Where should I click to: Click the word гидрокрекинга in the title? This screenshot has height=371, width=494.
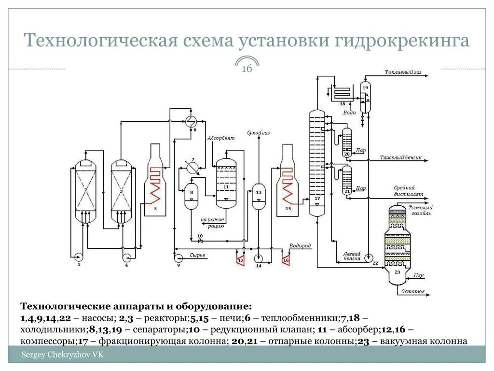(400, 41)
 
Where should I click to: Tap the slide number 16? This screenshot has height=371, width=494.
(247, 69)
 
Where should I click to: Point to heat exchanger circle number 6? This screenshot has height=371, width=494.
(191, 121)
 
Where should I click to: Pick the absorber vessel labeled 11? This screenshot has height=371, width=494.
(226, 181)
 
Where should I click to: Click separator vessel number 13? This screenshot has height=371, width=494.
(259, 196)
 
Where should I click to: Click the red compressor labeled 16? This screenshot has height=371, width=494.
(285, 260)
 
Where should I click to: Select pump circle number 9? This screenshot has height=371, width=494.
(178, 257)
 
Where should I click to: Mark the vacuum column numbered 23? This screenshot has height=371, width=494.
(398, 246)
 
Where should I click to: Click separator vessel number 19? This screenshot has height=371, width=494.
(365, 97)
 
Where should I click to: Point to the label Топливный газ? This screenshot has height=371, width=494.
(403, 72)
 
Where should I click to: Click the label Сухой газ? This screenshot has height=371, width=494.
(258, 132)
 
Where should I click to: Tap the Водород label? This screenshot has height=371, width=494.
(300, 246)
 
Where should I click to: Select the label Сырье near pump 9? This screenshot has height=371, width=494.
(197, 255)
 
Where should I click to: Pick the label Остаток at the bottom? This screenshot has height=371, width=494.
(413, 292)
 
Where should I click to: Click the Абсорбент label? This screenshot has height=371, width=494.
(221, 139)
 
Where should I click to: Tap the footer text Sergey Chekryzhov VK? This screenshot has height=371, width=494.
(62, 355)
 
